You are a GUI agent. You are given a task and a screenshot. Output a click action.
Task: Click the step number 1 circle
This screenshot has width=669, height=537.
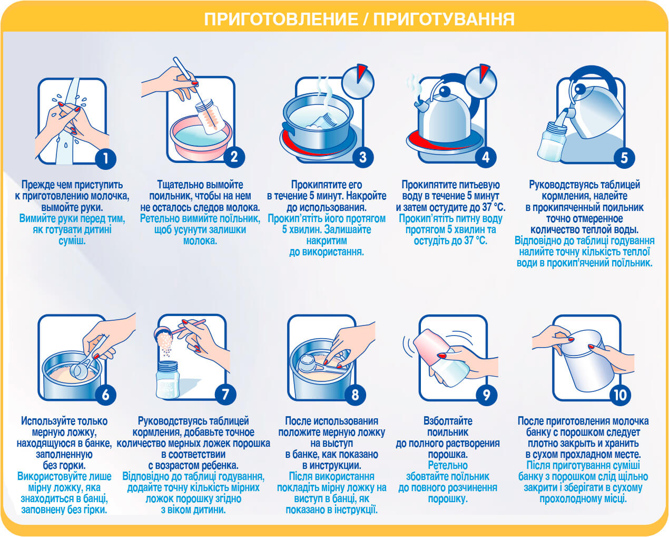click(106, 158)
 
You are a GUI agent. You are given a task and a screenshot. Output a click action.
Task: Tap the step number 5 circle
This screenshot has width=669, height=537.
click(624, 158)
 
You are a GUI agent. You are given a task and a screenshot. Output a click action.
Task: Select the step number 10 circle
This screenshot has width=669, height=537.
click(620, 395)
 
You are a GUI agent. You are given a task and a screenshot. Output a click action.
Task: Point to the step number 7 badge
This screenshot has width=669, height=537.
click(225, 395)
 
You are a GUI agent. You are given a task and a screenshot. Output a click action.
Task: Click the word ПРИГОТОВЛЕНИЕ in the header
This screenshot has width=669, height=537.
click(281, 20)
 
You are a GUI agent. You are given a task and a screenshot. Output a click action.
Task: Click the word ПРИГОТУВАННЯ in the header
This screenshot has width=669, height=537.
click(444, 20)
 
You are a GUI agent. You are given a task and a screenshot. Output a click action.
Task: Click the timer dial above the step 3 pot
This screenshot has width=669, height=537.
click(358, 82)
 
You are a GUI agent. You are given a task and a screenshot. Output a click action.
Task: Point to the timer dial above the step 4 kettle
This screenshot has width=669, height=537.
click(481, 82)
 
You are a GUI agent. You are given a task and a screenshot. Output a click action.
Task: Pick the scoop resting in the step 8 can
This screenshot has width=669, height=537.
click(320, 365)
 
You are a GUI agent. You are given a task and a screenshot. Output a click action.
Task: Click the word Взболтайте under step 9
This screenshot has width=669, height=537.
click(448, 421)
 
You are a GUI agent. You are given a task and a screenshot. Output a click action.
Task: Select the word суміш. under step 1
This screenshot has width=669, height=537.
click(72, 241)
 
